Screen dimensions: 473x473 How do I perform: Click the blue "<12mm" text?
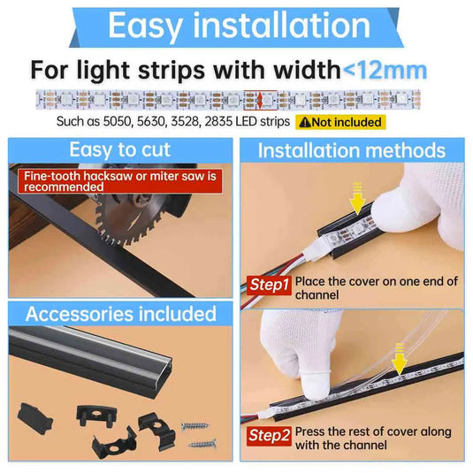pyautogui.click(x=385, y=71)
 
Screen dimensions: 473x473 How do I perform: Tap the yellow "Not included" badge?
pyautogui.click(x=340, y=122)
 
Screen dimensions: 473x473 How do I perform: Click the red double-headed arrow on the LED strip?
pyautogui.click(x=260, y=100)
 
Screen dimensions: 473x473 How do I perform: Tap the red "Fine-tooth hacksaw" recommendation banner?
pyautogui.click(x=120, y=181)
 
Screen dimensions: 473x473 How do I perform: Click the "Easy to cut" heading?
pyautogui.click(x=120, y=149)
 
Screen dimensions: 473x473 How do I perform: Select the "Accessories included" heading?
pyautogui.click(x=120, y=314)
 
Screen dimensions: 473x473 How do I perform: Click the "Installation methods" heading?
pyautogui.click(x=352, y=150)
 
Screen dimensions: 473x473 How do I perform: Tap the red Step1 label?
pyautogui.click(x=269, y=285)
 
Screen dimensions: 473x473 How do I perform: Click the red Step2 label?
pyautogui.click(x=269, y=436)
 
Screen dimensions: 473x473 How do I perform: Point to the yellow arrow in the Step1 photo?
pyautogui.click(x=357, y=198)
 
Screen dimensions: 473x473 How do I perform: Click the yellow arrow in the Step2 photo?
pyautogui.click(x=400, y=359)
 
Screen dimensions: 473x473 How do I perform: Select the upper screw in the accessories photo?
pyautogui.click(x=195, y=426)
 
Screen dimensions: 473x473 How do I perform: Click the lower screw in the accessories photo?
pyautogui.click(x=202, y=445)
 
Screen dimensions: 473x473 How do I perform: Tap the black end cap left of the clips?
pyautogui.click(x=35, y=419)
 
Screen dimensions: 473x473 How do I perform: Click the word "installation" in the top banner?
pyautogui.click(x=281, y=26)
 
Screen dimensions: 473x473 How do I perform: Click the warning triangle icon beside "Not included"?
pyautogui.click(x=305, y=122)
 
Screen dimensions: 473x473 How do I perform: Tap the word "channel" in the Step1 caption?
pyautogui.click(x=317, y=295)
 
